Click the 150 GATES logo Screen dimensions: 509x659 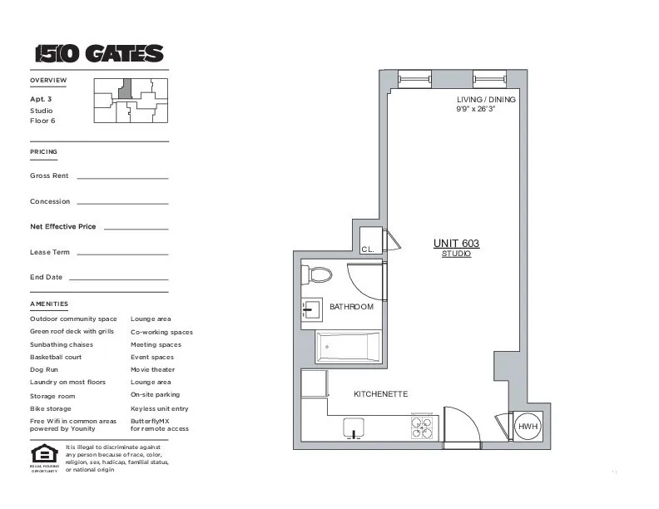click(99, 54)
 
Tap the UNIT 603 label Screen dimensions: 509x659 click(456, 244)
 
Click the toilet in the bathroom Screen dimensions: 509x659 click(317, 274)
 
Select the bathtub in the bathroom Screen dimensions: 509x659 click(348, 347)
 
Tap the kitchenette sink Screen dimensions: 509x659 click(356, 428)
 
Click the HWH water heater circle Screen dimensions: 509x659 click(528, 427)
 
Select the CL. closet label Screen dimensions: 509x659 click(368, 249)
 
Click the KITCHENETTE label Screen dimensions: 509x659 click(381, 394)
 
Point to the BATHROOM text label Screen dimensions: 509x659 click(351, 307)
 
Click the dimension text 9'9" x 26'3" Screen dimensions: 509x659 click(476, 109)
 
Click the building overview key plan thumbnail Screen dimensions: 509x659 click(131, 101)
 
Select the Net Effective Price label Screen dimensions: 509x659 click(63, 226)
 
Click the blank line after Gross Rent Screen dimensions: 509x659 click(122, 178)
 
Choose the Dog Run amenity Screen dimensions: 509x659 click(44, 369)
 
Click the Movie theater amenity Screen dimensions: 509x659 click(153, 369)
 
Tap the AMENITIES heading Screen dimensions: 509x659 click(49, 304)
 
